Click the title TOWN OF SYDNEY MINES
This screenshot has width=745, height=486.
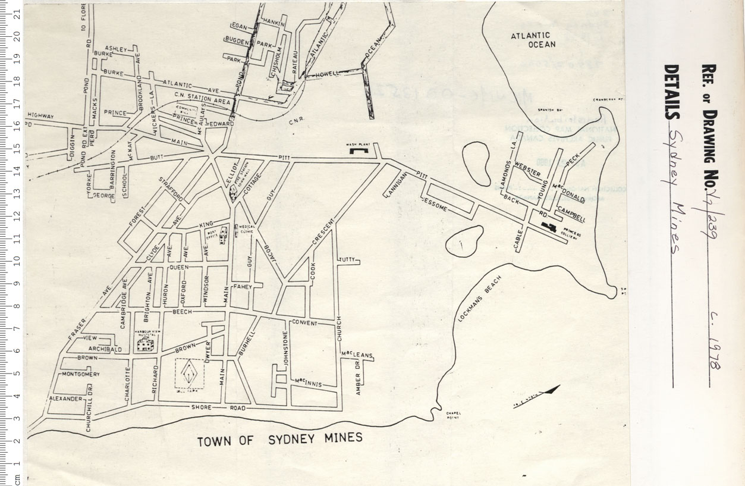point(279,440)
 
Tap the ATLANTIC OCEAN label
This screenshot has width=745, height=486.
point(533,40)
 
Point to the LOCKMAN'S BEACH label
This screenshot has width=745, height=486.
point(480,300)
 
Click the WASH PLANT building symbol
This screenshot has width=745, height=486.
point(359,152)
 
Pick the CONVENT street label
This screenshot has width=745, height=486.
point(304,323)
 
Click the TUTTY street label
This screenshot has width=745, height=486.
point(347,260)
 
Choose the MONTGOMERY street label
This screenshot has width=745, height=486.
point(81,374)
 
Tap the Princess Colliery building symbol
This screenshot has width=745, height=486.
point(549,226)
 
